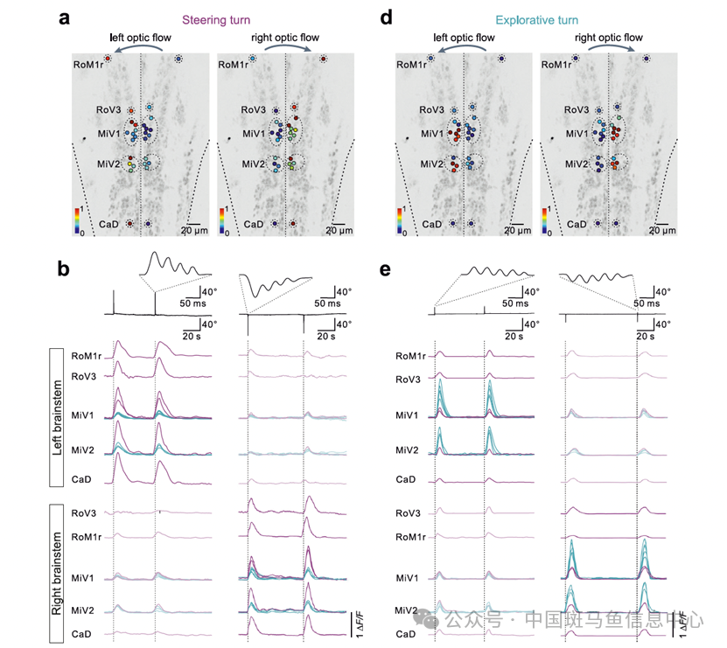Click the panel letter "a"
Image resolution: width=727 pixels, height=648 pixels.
point(65,17)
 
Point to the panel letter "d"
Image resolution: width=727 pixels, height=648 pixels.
point(388,17)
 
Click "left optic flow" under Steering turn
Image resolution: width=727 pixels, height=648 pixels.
point(140,38)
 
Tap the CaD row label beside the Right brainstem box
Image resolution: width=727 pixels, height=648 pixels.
point(84,633)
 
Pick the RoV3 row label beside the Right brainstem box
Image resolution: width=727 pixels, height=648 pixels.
point(84,513)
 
